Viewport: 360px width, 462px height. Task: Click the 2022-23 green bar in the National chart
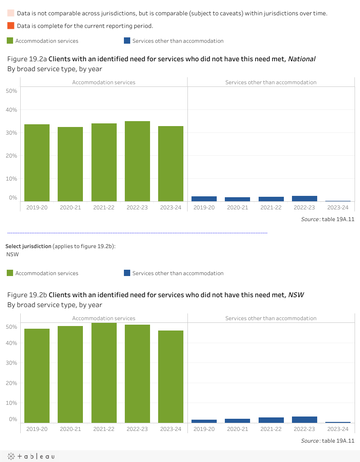point(137,161)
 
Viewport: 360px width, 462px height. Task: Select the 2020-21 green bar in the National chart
point(70,164)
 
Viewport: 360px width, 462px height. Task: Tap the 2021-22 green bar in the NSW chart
point(104,372)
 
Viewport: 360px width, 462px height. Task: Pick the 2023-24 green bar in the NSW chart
point(171,376)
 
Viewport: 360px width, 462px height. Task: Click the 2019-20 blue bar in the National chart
point(204,199)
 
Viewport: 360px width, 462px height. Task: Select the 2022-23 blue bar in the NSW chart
point(305,420)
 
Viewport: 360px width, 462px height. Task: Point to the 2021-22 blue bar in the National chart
point(271,199)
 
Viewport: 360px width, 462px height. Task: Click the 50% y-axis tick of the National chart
point(12,91)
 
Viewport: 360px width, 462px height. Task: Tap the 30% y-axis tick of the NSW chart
point(12,362)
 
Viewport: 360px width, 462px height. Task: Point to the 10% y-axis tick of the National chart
point(12,178)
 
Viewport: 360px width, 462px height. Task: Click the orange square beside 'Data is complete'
point(11,25)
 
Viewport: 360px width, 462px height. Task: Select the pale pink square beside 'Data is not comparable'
point(11,13)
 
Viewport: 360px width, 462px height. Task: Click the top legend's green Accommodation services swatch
point(10,41)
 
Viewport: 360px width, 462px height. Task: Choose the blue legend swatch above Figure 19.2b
point(127,273)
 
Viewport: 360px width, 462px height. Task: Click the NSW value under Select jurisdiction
point(13,254)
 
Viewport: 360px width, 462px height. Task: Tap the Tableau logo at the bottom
point(31,456)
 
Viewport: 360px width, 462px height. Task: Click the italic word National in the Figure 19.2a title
point(302,59)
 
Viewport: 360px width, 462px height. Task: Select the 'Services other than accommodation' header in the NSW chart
point(271,318)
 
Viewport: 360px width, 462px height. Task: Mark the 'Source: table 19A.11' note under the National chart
point(328,219)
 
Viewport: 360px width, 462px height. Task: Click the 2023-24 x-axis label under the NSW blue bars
point(338,429)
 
